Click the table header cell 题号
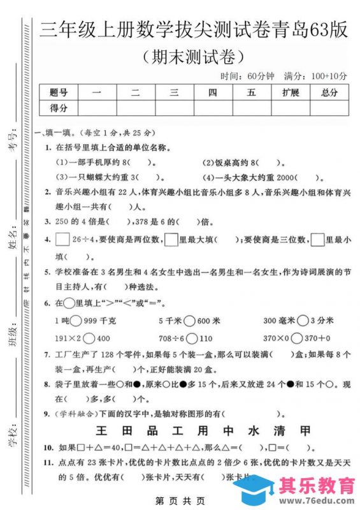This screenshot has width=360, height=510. pyautogui.click(x=58, y=93)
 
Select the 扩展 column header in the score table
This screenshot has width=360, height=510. pyautogui.click(x=290, y=93)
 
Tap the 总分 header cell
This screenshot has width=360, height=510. pyautogui.click(x=329, y=93)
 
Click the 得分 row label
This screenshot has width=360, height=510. pyautogui.click(x=58, y=108)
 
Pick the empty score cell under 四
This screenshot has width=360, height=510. pyautogui.click(x=212, y=108)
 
